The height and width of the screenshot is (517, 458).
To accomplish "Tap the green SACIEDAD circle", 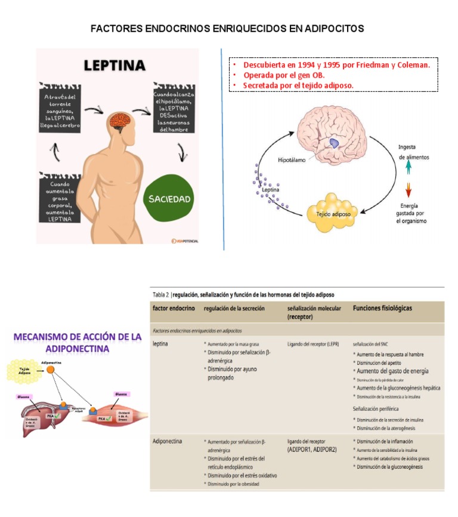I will (170, 198).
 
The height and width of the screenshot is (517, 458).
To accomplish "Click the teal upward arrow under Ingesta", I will (408, 169).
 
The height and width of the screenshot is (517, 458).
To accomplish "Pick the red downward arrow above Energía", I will (408, 190).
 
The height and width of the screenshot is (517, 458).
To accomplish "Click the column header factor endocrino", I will (174, 309).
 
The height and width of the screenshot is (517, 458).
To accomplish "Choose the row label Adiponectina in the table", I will (168, 441).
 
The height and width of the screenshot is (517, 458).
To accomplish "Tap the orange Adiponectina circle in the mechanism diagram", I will (52, 371).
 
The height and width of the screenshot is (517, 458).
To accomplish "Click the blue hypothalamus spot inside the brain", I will (335, 142).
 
